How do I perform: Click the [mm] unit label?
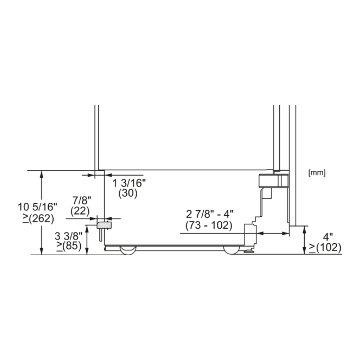317,172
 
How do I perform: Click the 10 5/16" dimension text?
37,207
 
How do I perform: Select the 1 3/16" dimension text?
129,183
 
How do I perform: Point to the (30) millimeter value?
128,193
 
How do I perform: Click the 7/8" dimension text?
82,201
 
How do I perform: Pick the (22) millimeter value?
80,211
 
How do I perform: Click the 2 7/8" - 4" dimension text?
210,214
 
